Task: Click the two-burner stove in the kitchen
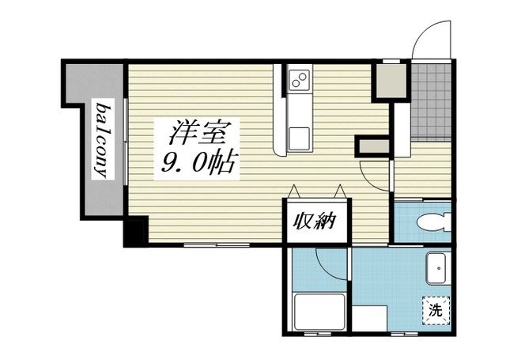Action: (300, 80)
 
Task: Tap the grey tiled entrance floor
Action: (432, 99)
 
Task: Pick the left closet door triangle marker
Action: (294, 191)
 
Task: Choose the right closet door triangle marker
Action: (341, 191)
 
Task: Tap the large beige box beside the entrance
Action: (388, 79)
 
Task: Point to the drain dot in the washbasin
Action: (438, 276)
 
